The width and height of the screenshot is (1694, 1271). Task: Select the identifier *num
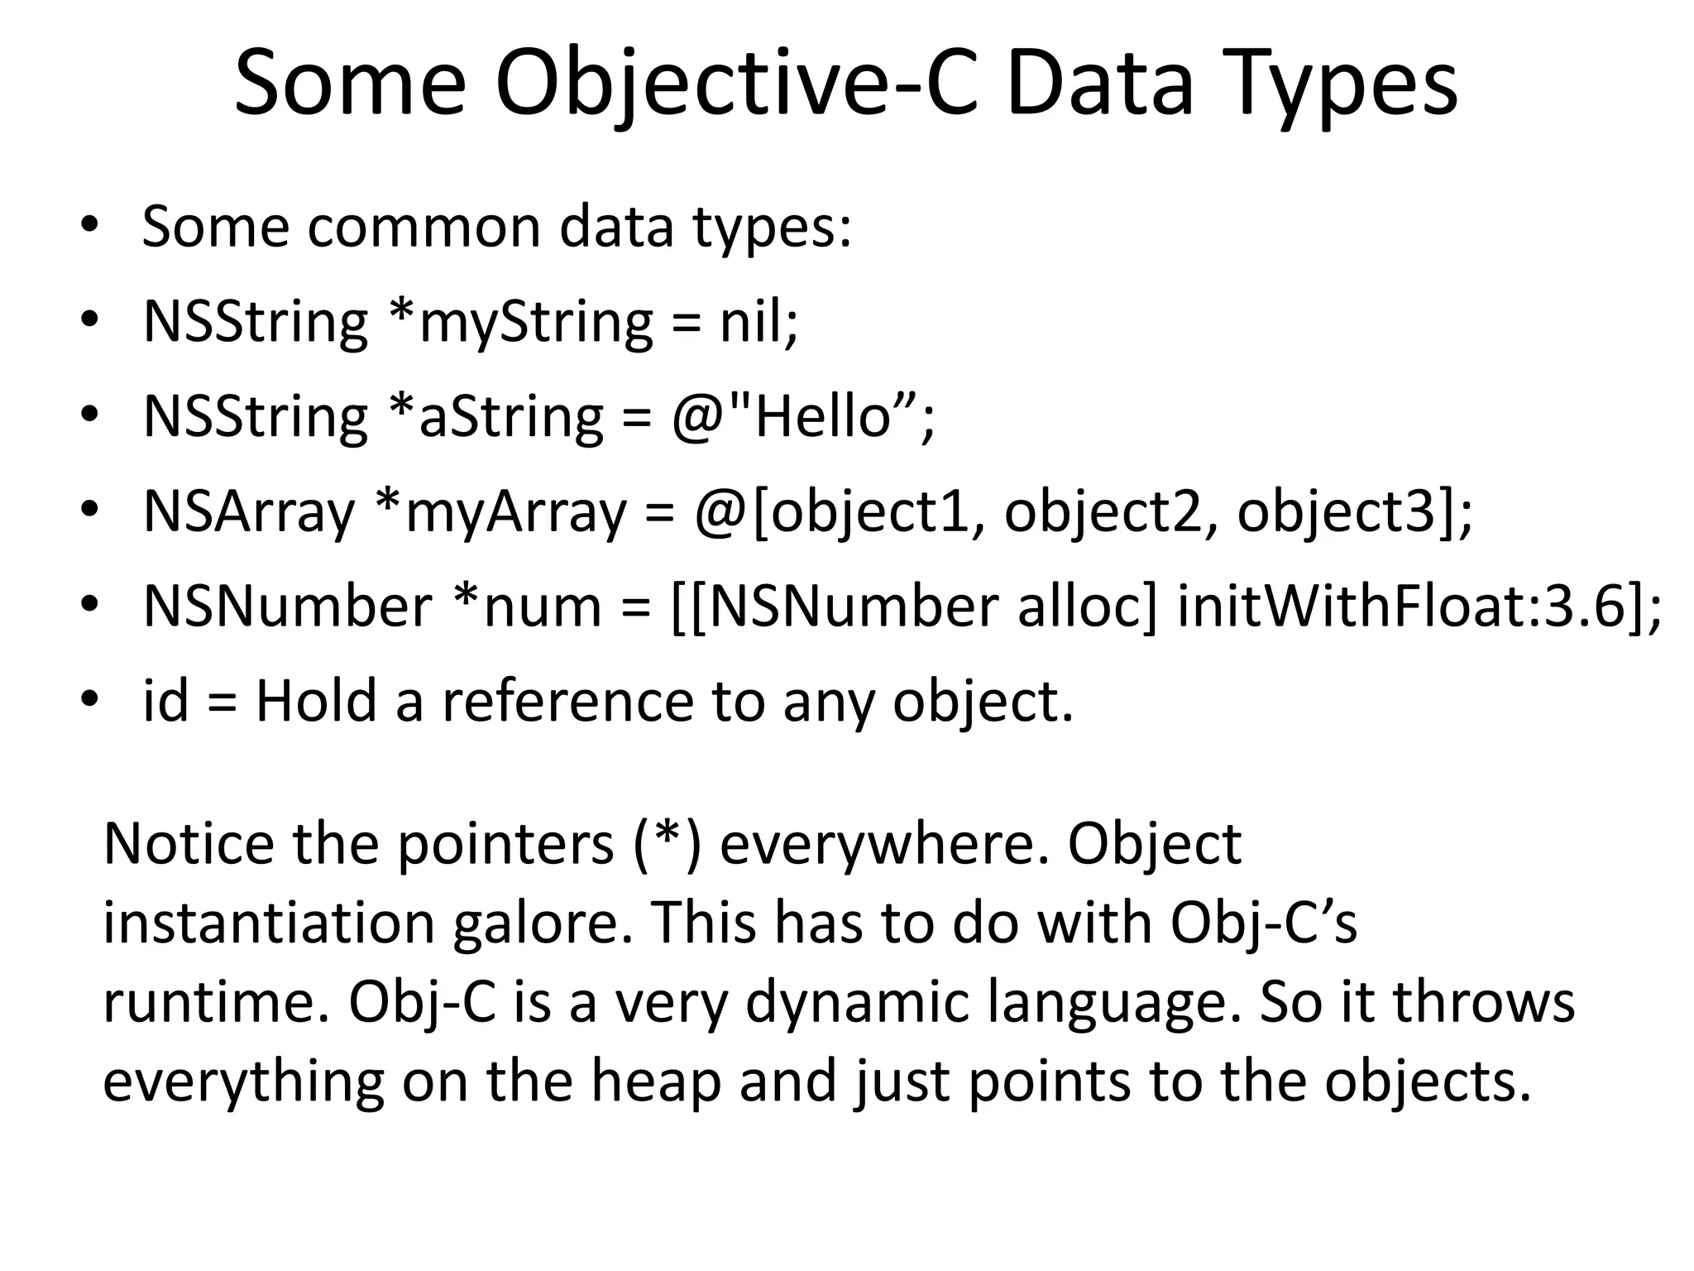pyautogui.click(x=525, y=606)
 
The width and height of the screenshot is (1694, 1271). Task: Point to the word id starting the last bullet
pyautogui.click(x=165, y=701)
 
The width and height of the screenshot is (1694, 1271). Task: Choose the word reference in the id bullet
pyautogui.click(x=567, y=701)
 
